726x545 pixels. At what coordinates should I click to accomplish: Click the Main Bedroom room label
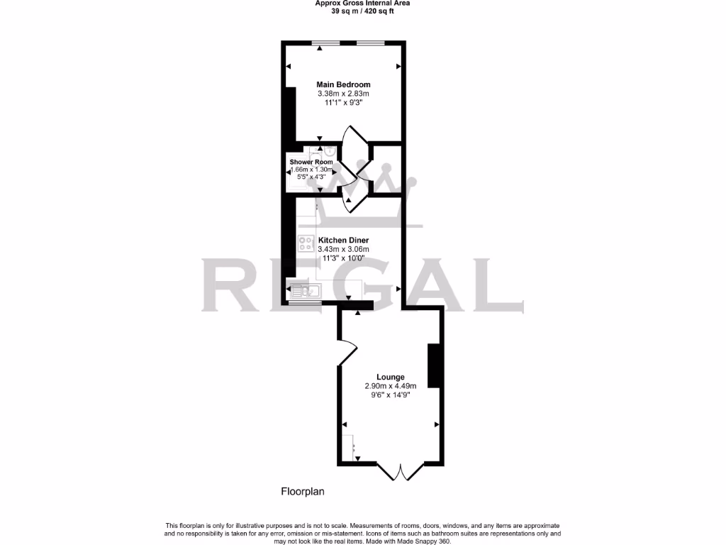pos(343,84)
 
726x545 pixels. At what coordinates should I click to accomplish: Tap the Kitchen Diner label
pos(343,240)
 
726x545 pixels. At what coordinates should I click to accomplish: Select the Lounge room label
pos(391,377)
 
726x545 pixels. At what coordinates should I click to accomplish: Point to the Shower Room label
pos(311,162)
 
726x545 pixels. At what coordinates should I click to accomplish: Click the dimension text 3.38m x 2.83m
pos(343,94)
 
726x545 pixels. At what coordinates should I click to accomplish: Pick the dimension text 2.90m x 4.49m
pos(391,386)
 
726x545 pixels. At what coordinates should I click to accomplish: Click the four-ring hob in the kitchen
pos(306,243)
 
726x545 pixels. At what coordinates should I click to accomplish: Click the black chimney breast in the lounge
pos(435,365)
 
